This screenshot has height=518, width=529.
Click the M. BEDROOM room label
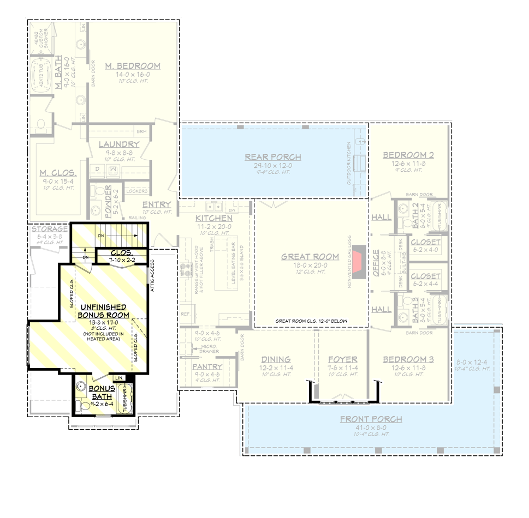[133, 66]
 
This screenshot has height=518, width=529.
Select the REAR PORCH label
[273, 158]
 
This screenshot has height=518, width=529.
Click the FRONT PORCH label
[371, 419]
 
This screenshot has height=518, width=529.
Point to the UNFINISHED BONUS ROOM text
[103, 311]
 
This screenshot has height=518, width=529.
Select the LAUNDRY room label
[119, 144]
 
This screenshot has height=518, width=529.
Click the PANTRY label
[207, 367]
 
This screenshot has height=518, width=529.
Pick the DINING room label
[275, 360]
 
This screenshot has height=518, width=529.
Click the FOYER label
[342, 360]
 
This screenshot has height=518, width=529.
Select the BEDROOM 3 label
[408, 360]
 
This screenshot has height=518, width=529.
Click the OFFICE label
[376, 263]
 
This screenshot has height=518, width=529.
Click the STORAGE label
[49, 229]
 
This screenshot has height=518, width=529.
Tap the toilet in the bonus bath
[84, 405]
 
